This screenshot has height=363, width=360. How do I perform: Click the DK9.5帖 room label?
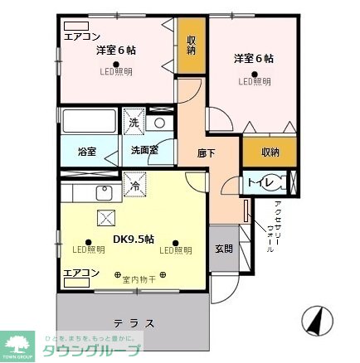click(133, 240)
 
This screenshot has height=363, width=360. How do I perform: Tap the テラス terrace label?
click(134, 322)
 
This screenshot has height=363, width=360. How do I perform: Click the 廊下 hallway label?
click(207, 152)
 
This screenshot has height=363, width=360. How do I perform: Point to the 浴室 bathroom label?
click(87, 152)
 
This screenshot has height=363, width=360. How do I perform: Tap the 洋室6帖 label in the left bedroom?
click(115, 51)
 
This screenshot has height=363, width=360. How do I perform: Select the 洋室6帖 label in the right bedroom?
click(253, 58)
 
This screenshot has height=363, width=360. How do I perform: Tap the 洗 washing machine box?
click(134, 123)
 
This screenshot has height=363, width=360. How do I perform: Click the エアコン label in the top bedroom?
click(81, 36)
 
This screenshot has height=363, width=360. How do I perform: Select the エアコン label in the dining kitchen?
click(81, 272)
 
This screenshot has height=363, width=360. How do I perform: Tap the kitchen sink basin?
click(105, 194)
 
